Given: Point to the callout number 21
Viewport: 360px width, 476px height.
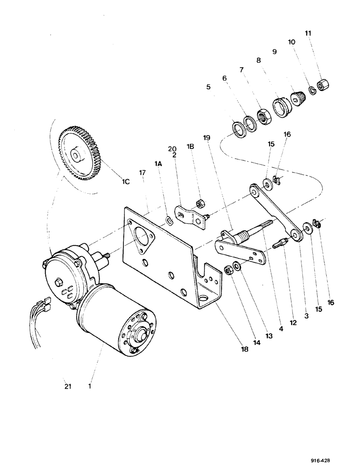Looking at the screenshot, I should (x=68, y=387).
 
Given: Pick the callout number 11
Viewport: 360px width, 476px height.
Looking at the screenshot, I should (x=308, y=34).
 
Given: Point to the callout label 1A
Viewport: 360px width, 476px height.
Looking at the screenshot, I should (x=158, y=163).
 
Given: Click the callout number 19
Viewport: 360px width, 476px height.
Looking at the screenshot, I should (x=206, y=138).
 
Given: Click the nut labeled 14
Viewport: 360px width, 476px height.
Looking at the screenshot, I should (x=229, y=269).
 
